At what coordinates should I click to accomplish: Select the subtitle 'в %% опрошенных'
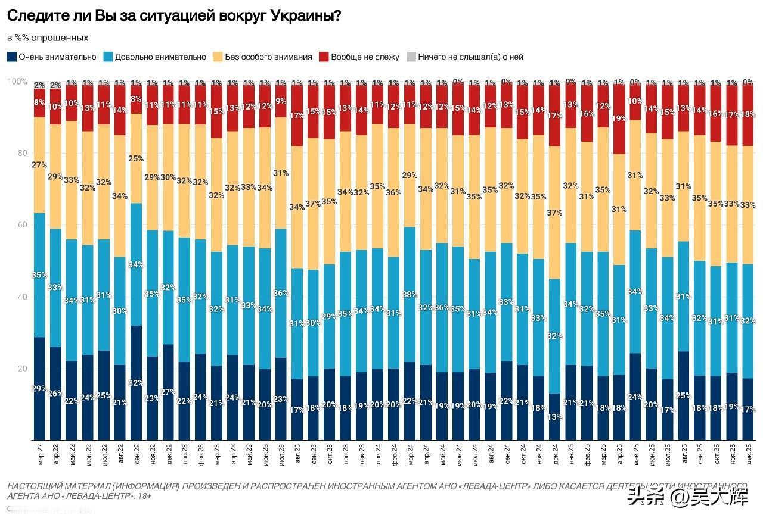[48, 38]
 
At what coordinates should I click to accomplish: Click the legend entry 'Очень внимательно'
[52, 57]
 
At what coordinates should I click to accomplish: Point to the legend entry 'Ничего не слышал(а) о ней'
[465, 57]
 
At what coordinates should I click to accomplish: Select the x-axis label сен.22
[136, 459]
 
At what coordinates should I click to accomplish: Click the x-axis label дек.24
[555, 459]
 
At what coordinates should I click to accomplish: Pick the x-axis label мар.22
[39, 459]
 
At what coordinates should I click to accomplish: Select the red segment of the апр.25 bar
[619, 119]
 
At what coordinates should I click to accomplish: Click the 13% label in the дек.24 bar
[555, 417]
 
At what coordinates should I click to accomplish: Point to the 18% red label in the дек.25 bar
[748, 114]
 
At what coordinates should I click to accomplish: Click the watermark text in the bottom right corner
[687, 497]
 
